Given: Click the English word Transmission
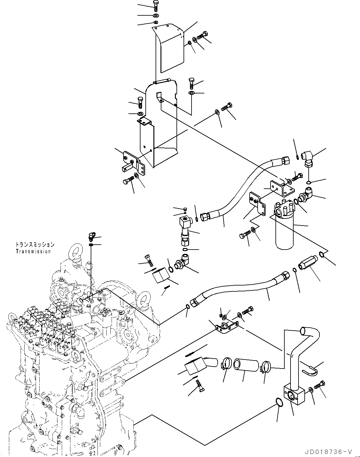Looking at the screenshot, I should (x=33, y=251).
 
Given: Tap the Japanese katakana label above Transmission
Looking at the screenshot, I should (x=35, y=245).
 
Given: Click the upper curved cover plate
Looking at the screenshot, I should (x=169, y=46).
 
